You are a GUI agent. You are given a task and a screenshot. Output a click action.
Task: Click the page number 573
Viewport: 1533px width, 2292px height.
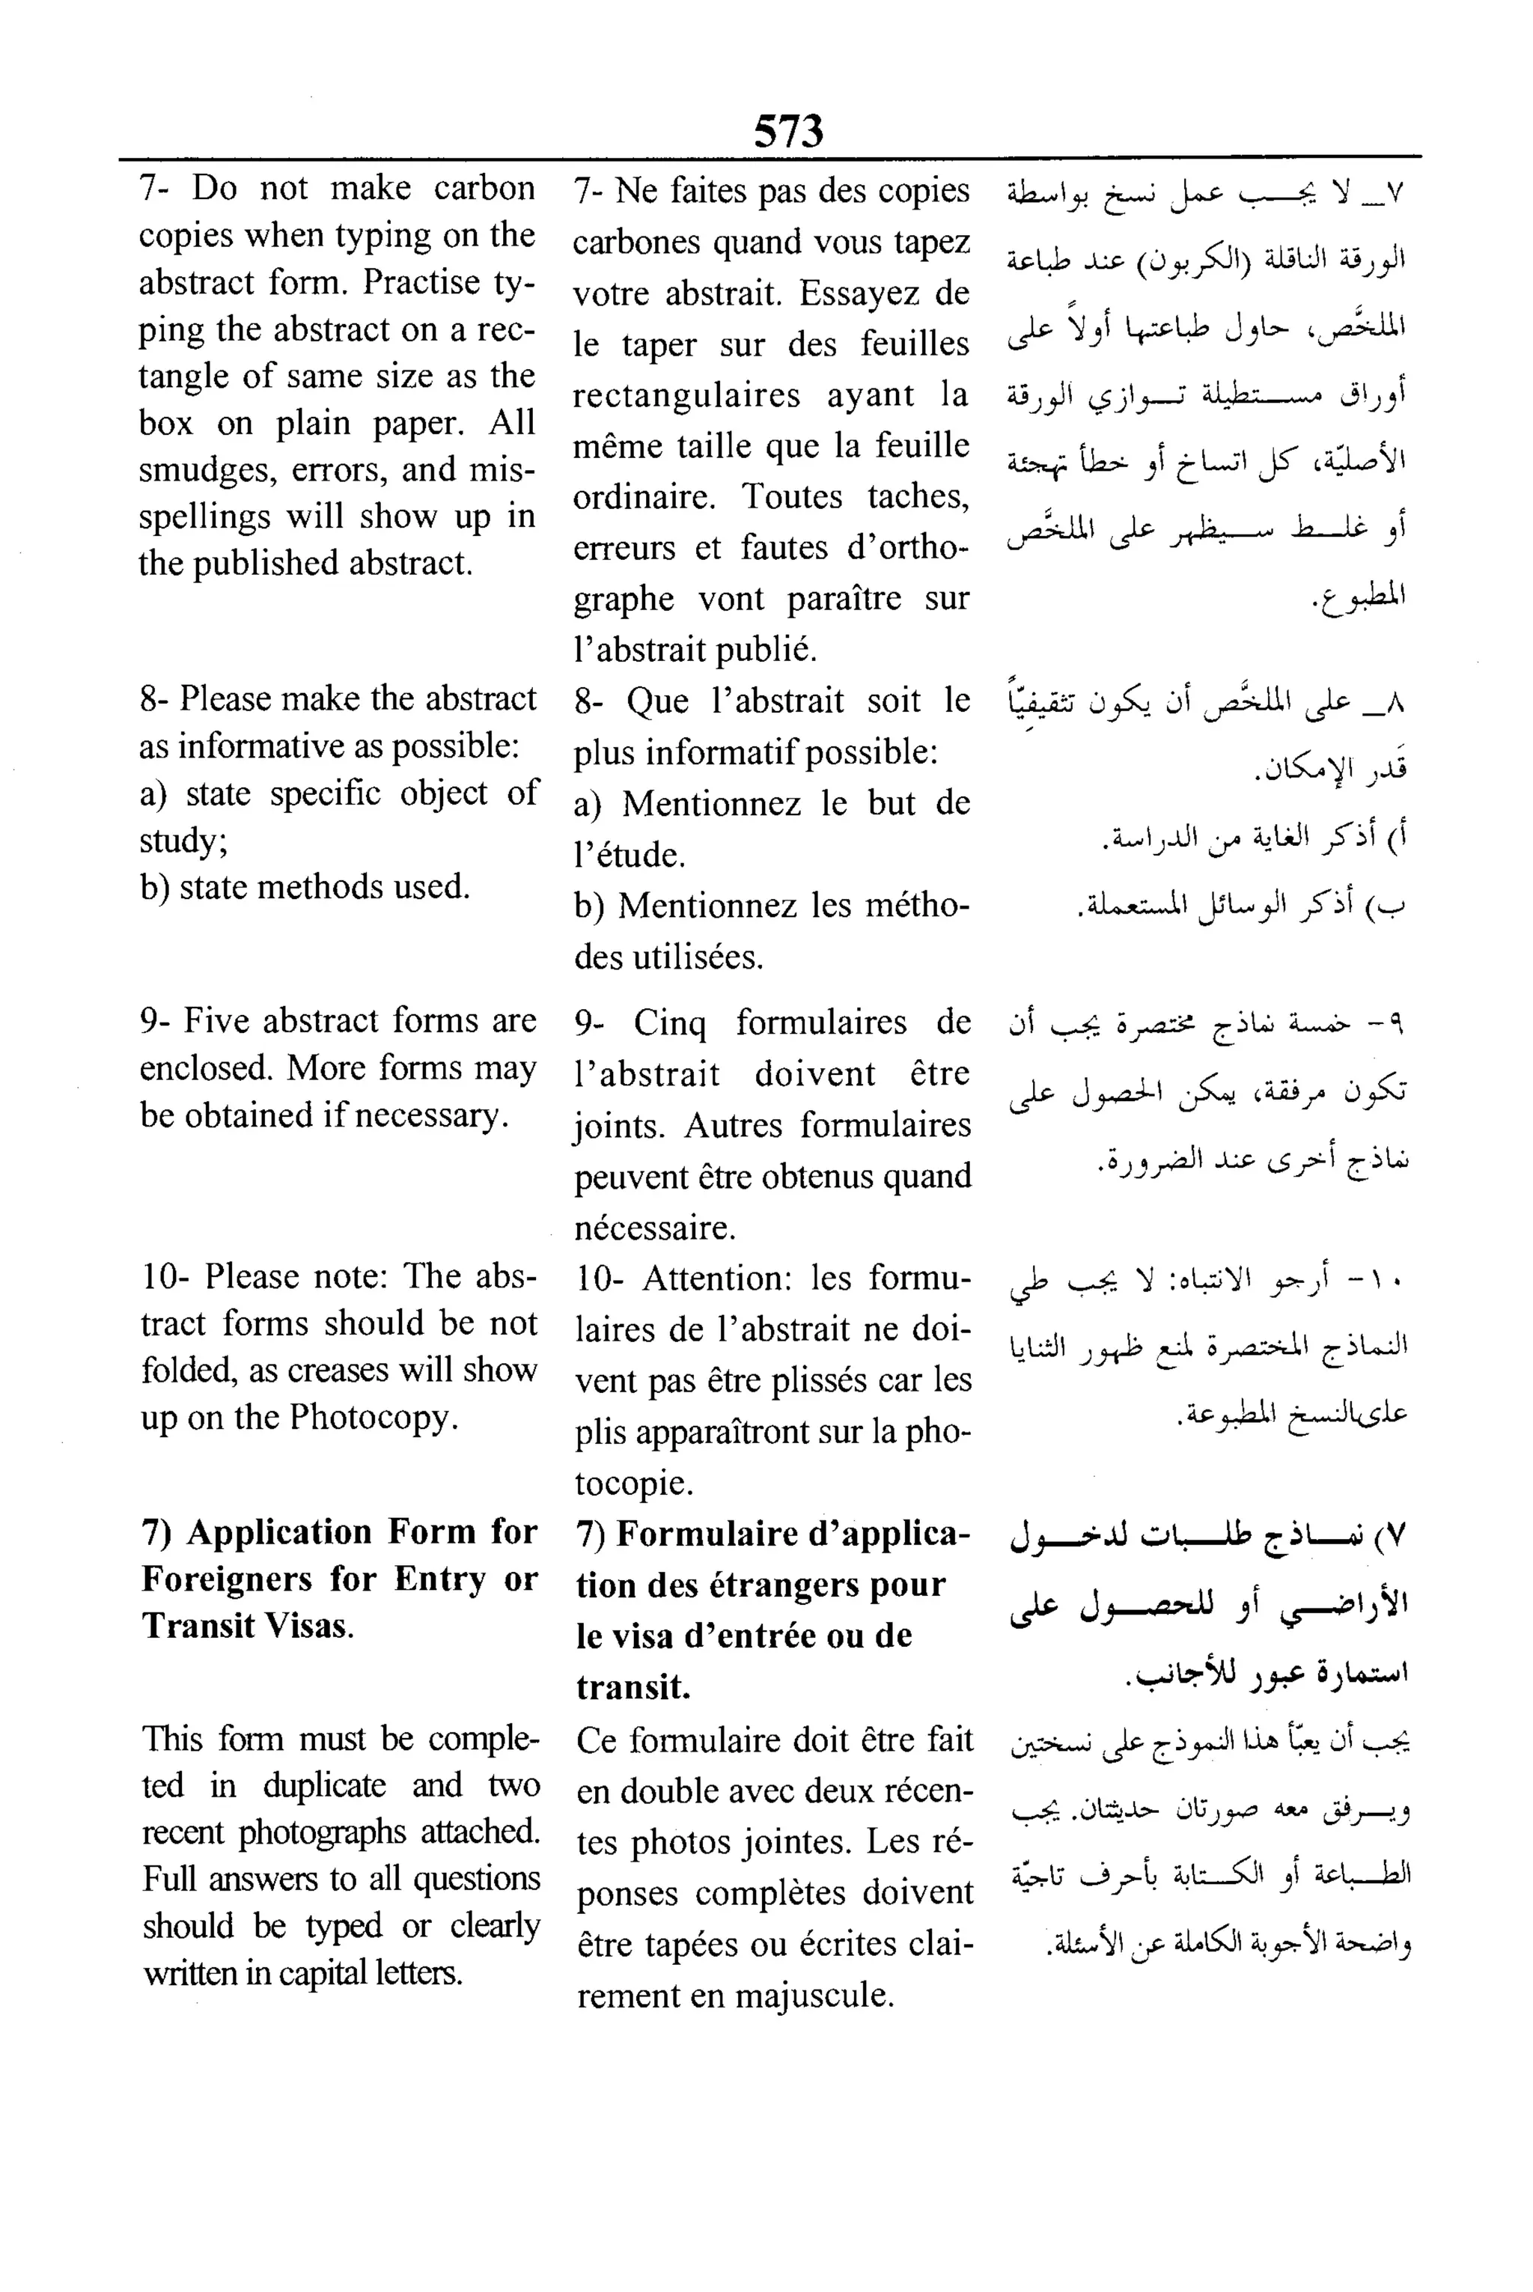pyautogui.click(x=788, y=131)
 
